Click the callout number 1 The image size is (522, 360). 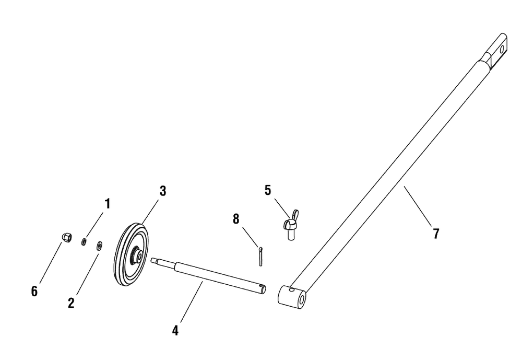pyautogui.click(x=107, y=204)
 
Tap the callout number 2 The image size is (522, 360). pyautogui.click(x=71, y=303)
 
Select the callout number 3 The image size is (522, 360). pyautogui.click(x=162, y=191)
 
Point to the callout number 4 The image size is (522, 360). pyautogui.click(x=175, y=330)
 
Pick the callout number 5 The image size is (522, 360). pyautogui.click(x=268, y=190)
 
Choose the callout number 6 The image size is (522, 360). pyautogui.click(x=34, y=291)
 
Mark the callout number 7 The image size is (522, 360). pyautogui.click(x=436, y=234)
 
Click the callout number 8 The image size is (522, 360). pyautogui.click(x=236, y=219)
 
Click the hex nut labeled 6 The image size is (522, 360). pyautogui.click(x=67, y=237)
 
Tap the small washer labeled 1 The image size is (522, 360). pyautogui.click(x=84, y=241)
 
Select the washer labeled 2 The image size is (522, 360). pyautogui.click(x=99, y=246)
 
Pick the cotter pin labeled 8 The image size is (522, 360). pyautogui.click(x=260, y=256)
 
